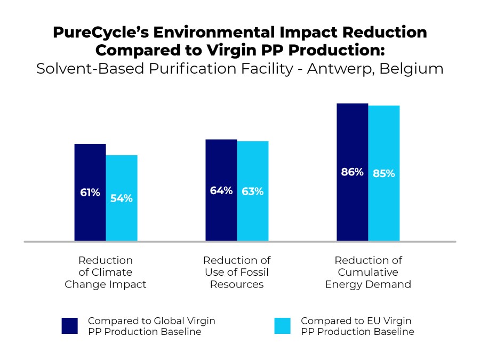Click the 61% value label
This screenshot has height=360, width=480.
click(90, 193)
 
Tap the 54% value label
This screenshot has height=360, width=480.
click(122, 198)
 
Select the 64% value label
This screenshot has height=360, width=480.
click(221, 190)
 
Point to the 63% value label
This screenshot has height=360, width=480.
click(253, 191)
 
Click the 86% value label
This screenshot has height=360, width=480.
click(352, 172)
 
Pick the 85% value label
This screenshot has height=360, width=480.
click(384, 173)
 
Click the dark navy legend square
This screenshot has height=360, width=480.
click(70, 326)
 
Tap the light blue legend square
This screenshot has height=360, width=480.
click(283, 326)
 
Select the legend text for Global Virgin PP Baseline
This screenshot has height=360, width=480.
click(151, 326)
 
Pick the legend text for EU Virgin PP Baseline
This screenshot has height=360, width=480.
click(357, 326)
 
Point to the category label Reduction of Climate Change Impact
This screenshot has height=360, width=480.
click(106, 272)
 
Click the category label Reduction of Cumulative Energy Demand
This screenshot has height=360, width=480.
click(368, 272)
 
